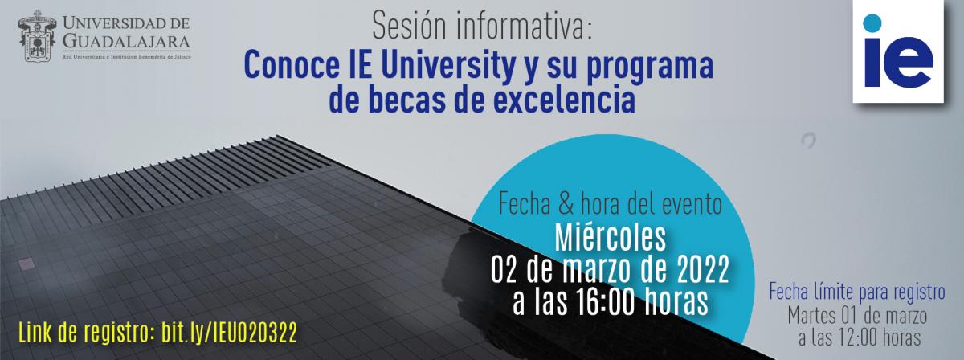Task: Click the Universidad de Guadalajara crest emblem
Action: [x=37, y=36]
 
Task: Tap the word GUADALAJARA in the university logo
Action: [x=127, y=41]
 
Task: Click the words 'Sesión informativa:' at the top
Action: [x=482, y=27]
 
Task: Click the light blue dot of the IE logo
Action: [x=872, y=22]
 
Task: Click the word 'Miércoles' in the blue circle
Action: [x=611, y=238]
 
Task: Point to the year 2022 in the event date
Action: [x=703, y=268]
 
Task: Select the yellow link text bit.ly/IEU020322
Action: [x=229, y=333]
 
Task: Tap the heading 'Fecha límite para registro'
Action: [x=857, y=292]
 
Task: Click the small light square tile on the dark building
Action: [x=27, y=264]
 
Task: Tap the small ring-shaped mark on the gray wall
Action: [x=808, y=141]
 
